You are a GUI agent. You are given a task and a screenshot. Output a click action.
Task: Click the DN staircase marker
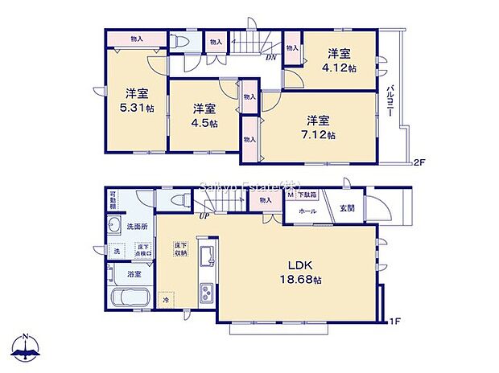coord(272,56)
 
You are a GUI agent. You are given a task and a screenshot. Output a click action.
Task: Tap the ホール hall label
coord(307,211)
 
